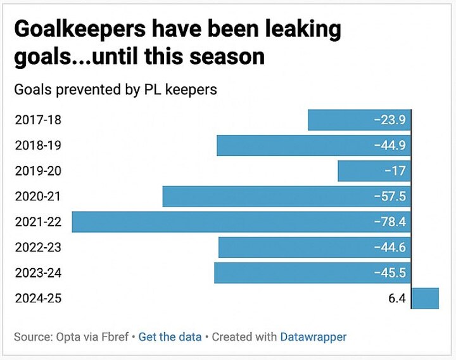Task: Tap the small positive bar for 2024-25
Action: point(425,298)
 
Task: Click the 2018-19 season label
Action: point(38,145)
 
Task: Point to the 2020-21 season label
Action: point(38,196)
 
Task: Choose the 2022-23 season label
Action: point(38,247)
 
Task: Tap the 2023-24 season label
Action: point(38,273)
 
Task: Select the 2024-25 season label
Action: point(38,298)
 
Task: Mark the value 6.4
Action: point(396,298)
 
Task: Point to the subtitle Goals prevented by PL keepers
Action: point(115,89)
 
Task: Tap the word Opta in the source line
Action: point(66,337)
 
